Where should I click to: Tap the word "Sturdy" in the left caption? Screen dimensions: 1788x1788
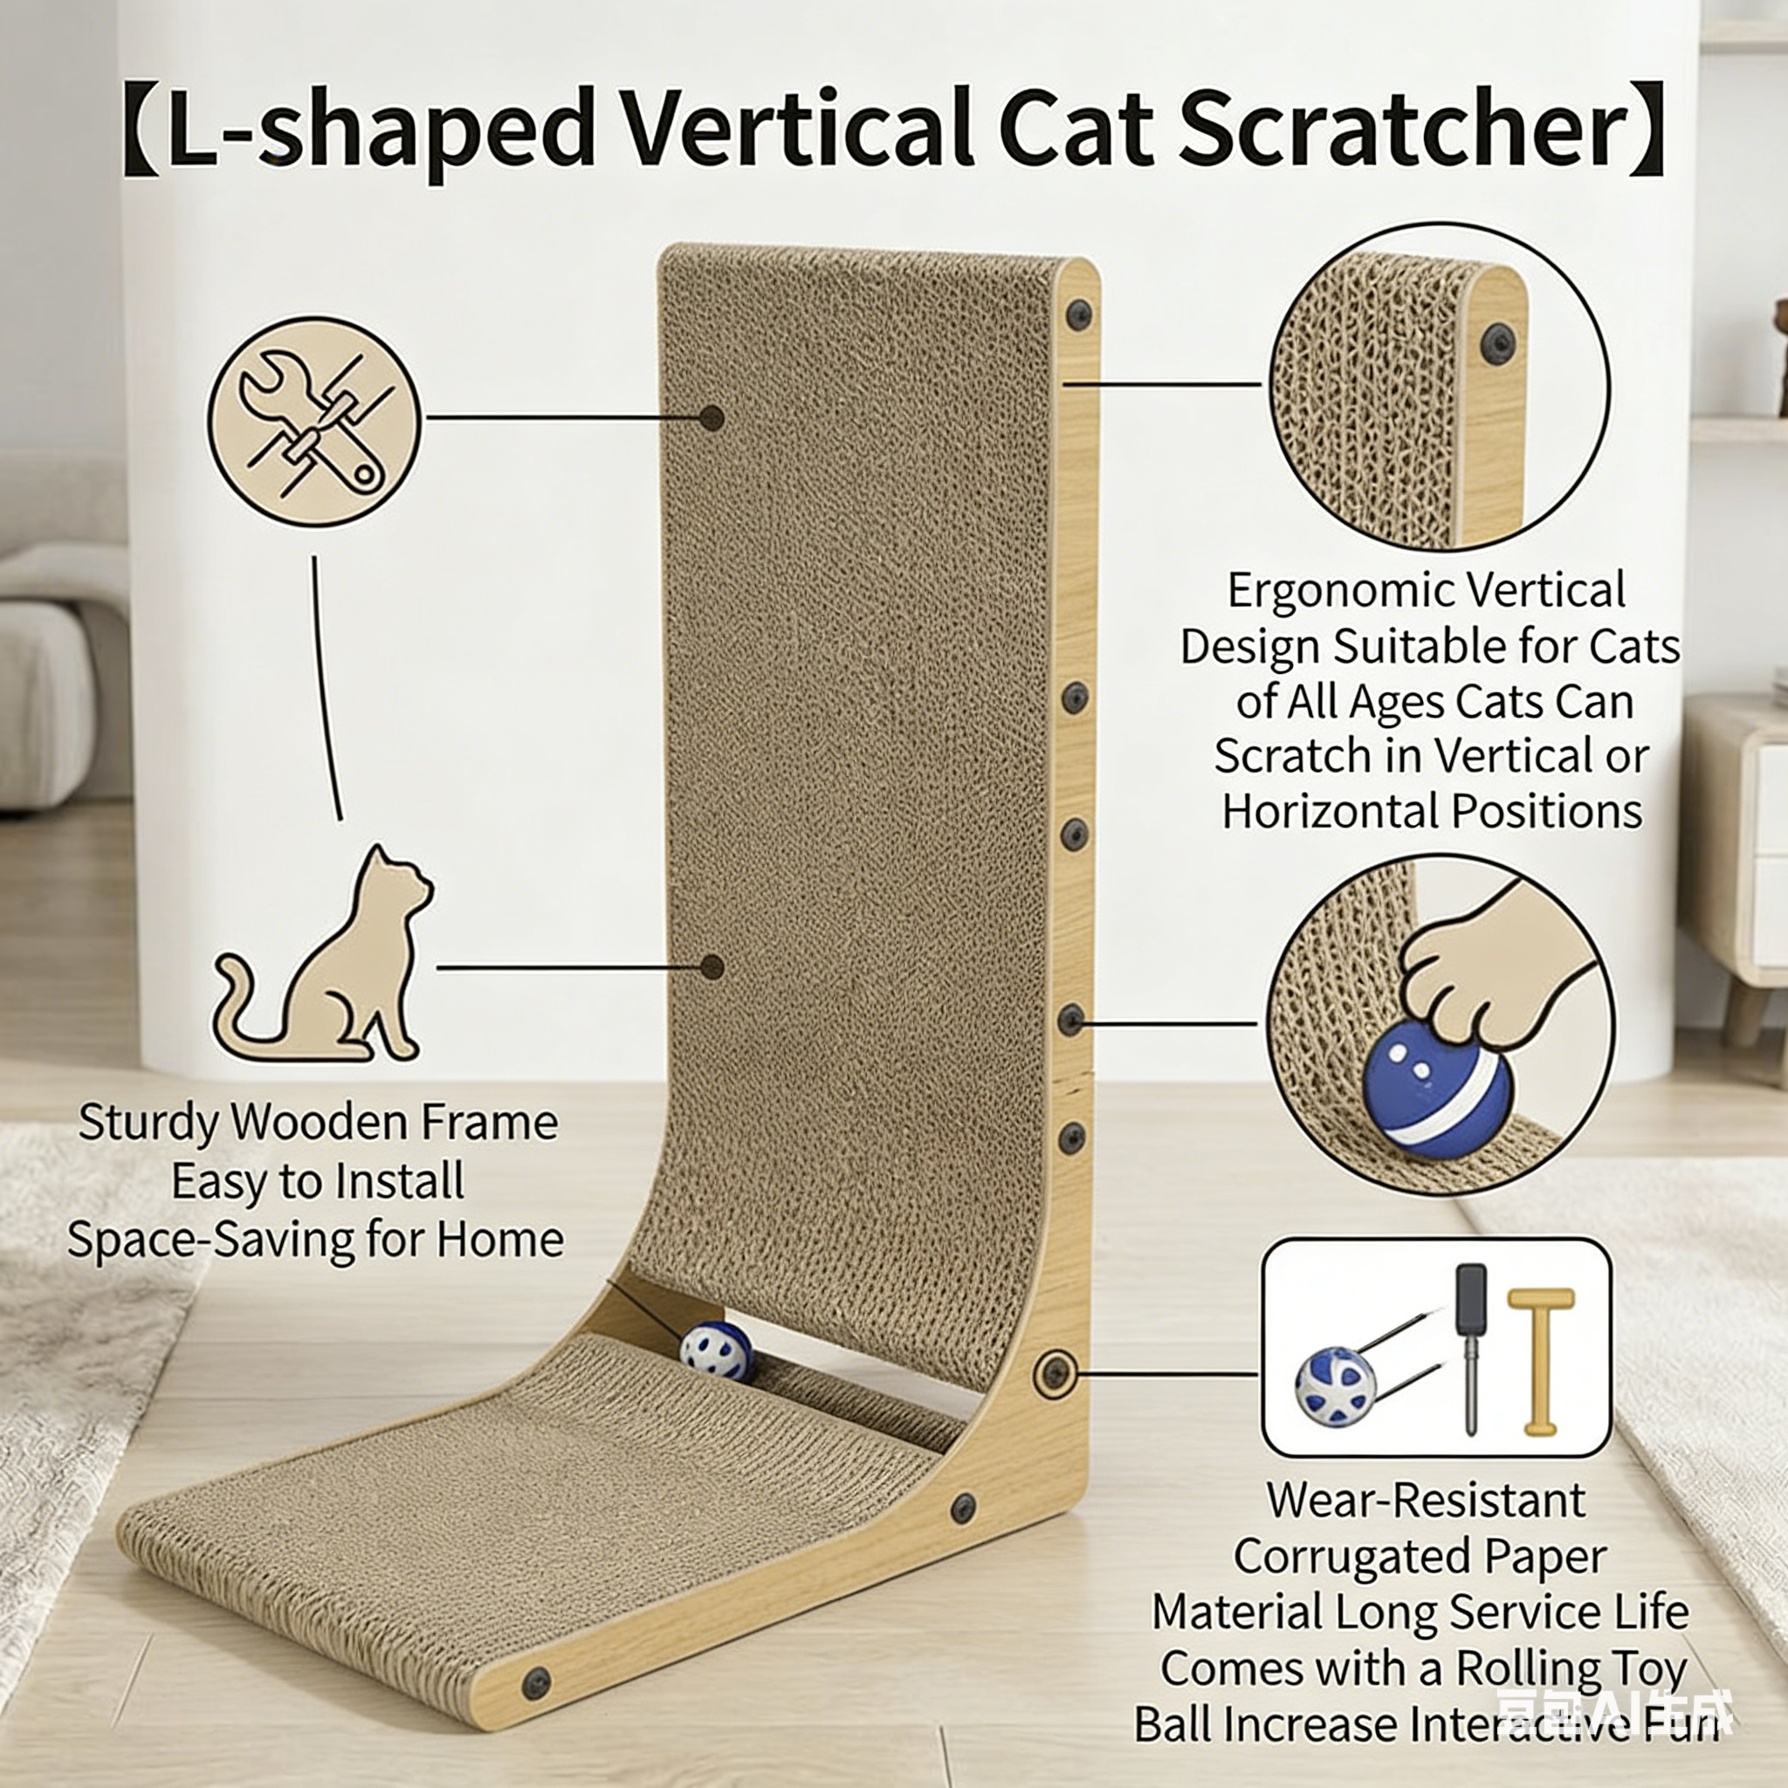pos(148,1124)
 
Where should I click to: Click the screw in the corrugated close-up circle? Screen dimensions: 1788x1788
pos(1497,344)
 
